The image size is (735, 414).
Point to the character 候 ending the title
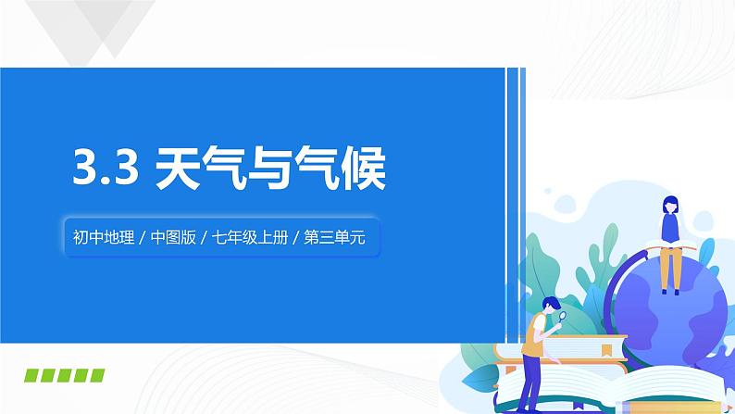(361, 170)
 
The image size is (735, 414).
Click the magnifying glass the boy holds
(561, 317)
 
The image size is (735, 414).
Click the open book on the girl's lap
(668, 244)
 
